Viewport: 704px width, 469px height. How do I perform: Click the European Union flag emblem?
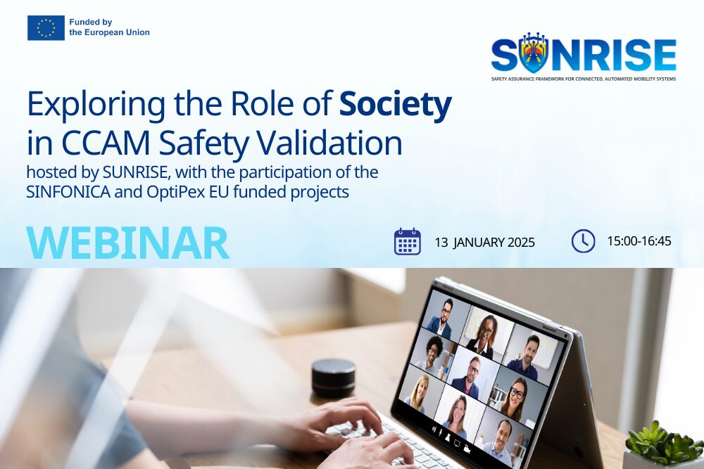[46, 28]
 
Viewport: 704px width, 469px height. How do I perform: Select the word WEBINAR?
[128, 243]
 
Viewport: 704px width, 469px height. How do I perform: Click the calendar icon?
[407, 241]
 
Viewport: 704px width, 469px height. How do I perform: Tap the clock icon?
[583, 241]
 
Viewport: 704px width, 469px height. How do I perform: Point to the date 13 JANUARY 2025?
[485, 243]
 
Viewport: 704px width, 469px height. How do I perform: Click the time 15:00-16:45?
[639, 241]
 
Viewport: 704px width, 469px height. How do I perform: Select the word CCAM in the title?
[106, 143]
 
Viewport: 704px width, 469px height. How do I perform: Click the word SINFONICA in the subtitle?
[68, 192]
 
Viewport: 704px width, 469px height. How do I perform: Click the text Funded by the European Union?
[109, 27]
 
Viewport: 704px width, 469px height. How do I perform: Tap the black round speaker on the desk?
[334, 378]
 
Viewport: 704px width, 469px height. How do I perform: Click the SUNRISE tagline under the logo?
[583, 79]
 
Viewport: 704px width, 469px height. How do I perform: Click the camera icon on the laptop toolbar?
[467, 449]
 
